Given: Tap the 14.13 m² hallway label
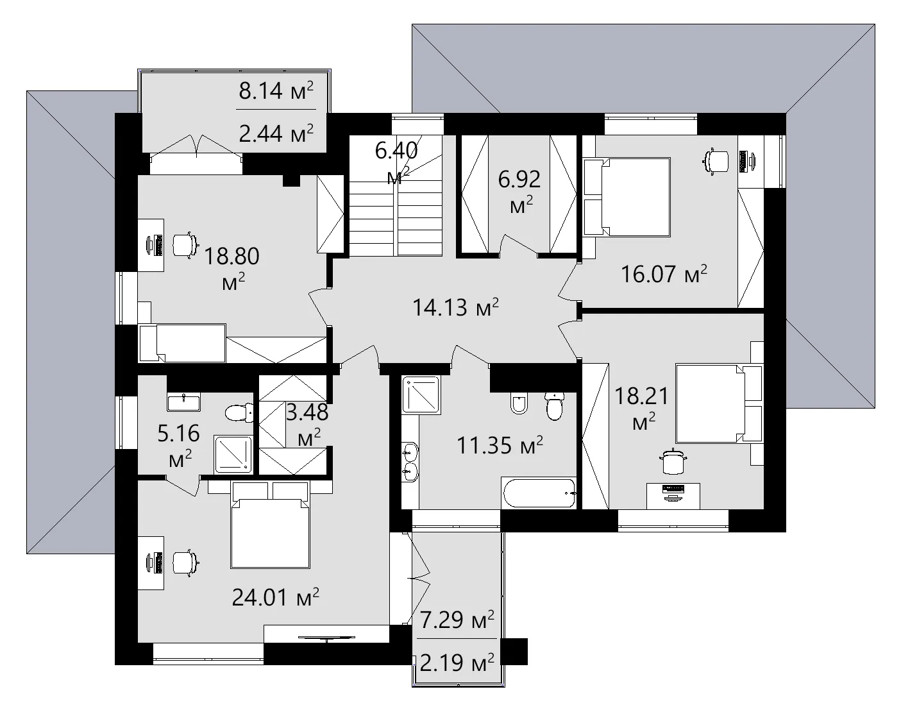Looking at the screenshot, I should point(455,308).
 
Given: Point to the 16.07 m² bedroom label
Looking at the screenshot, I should point(664,275).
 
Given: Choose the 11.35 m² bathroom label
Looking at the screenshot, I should point(500,445).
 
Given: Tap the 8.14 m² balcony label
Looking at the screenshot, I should point(276,92).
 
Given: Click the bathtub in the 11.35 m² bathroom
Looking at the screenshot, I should point(539,493).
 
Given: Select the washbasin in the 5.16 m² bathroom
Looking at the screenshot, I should point(183,402).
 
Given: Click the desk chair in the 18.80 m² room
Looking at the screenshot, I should point(183,244).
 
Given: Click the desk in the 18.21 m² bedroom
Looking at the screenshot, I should point(673,495).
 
